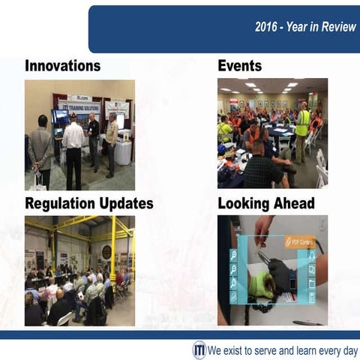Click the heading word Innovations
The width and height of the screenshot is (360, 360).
coord(62,66)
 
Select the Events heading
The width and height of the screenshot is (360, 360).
coord(239,66)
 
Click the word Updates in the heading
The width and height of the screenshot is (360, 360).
coord(128,203)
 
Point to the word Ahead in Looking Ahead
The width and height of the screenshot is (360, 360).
coord(293,203)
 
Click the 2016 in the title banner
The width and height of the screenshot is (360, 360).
coord(268,27)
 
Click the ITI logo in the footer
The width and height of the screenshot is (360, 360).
coord(199,350)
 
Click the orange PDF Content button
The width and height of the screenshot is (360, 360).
coord(298,242)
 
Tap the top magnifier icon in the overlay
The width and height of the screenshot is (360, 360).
coord(234,256)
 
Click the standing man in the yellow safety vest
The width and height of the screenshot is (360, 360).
coord(302,127)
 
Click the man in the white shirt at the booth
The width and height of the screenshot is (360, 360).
coord(73,146)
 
